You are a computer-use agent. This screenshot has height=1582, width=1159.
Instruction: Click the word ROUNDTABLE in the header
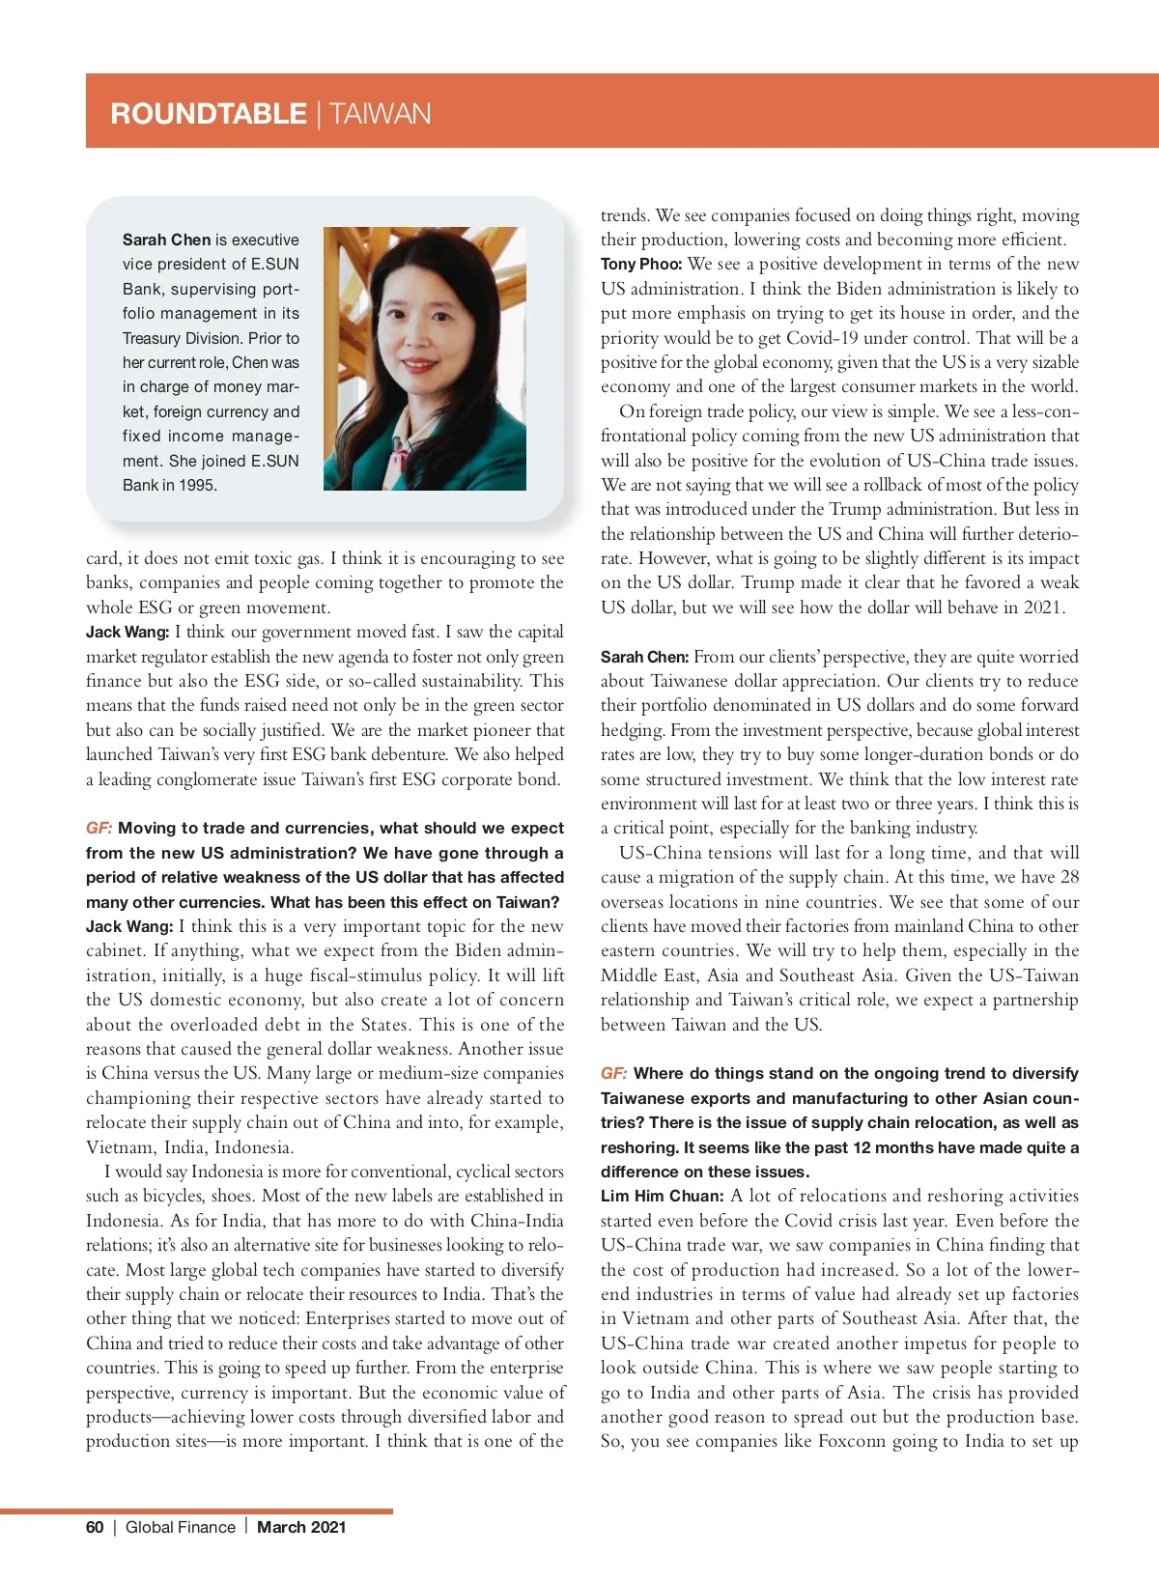point(209,114)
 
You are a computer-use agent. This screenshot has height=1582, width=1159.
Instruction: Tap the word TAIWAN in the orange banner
point(381,114)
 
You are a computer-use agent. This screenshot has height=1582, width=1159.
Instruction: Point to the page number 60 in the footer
point(95,1527)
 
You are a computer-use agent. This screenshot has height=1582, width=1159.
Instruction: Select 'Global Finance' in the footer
point(181,1527)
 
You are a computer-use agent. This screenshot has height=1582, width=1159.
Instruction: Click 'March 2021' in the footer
point(301,1527)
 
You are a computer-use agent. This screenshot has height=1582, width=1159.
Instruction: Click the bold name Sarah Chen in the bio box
point(166,240)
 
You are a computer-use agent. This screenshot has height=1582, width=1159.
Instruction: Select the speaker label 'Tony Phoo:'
point(641,264)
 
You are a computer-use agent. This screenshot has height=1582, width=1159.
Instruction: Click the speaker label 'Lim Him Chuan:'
point(662,1196)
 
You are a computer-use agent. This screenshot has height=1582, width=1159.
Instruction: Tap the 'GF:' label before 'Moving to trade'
point(99,828)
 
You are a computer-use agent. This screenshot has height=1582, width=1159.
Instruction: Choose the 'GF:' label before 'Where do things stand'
point(613,1073)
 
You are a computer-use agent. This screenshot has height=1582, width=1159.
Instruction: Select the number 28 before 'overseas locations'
point(1069,877)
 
